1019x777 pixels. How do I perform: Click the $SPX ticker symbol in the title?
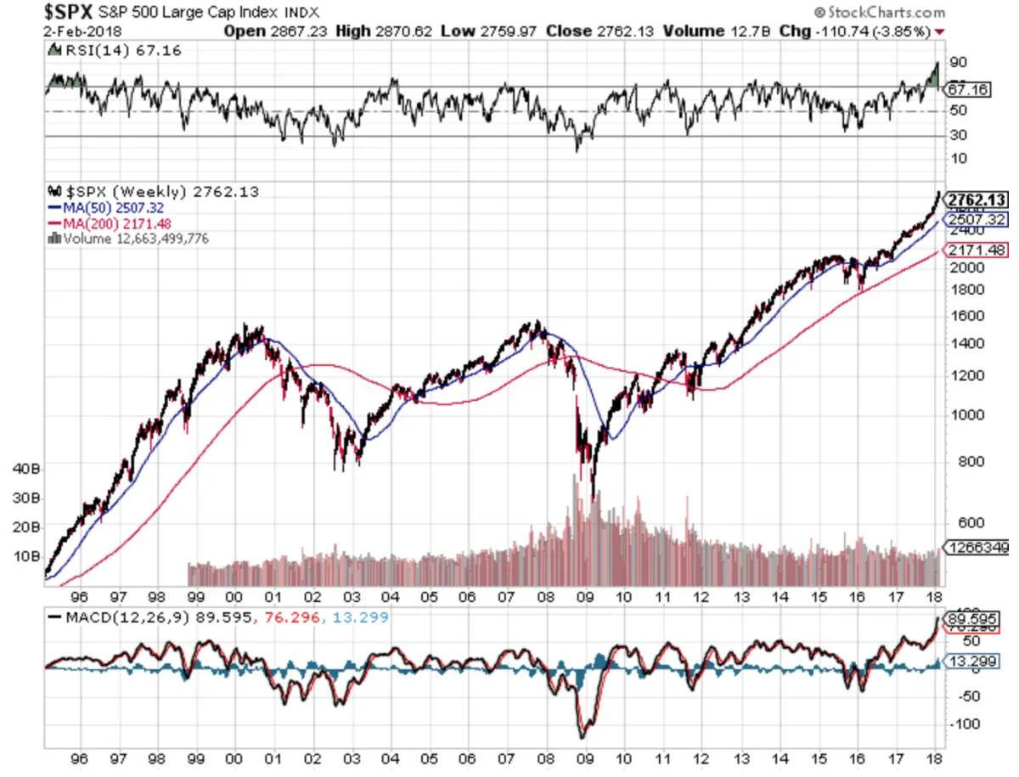pos(70,12)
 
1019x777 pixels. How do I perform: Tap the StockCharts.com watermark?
pos(878,13)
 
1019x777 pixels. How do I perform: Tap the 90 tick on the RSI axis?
pos(958,63)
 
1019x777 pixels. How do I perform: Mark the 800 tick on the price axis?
pos(962,462)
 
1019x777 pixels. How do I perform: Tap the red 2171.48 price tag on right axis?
pos(977,251)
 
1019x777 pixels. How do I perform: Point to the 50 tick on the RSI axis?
pos(958,111)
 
